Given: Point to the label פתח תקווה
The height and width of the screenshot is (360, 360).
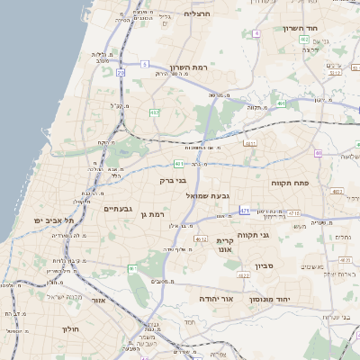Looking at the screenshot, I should (x=290, y=183).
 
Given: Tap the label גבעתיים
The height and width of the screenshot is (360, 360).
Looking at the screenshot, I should (x=118, y=209).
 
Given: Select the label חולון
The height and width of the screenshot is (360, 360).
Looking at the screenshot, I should (x=71, y=329).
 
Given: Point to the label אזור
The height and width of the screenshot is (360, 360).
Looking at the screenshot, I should (x=98, y=301).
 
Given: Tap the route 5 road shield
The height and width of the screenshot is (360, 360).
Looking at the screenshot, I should (x=144, y=64).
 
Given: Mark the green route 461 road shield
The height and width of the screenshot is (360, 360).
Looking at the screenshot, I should (x=132, y=268).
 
